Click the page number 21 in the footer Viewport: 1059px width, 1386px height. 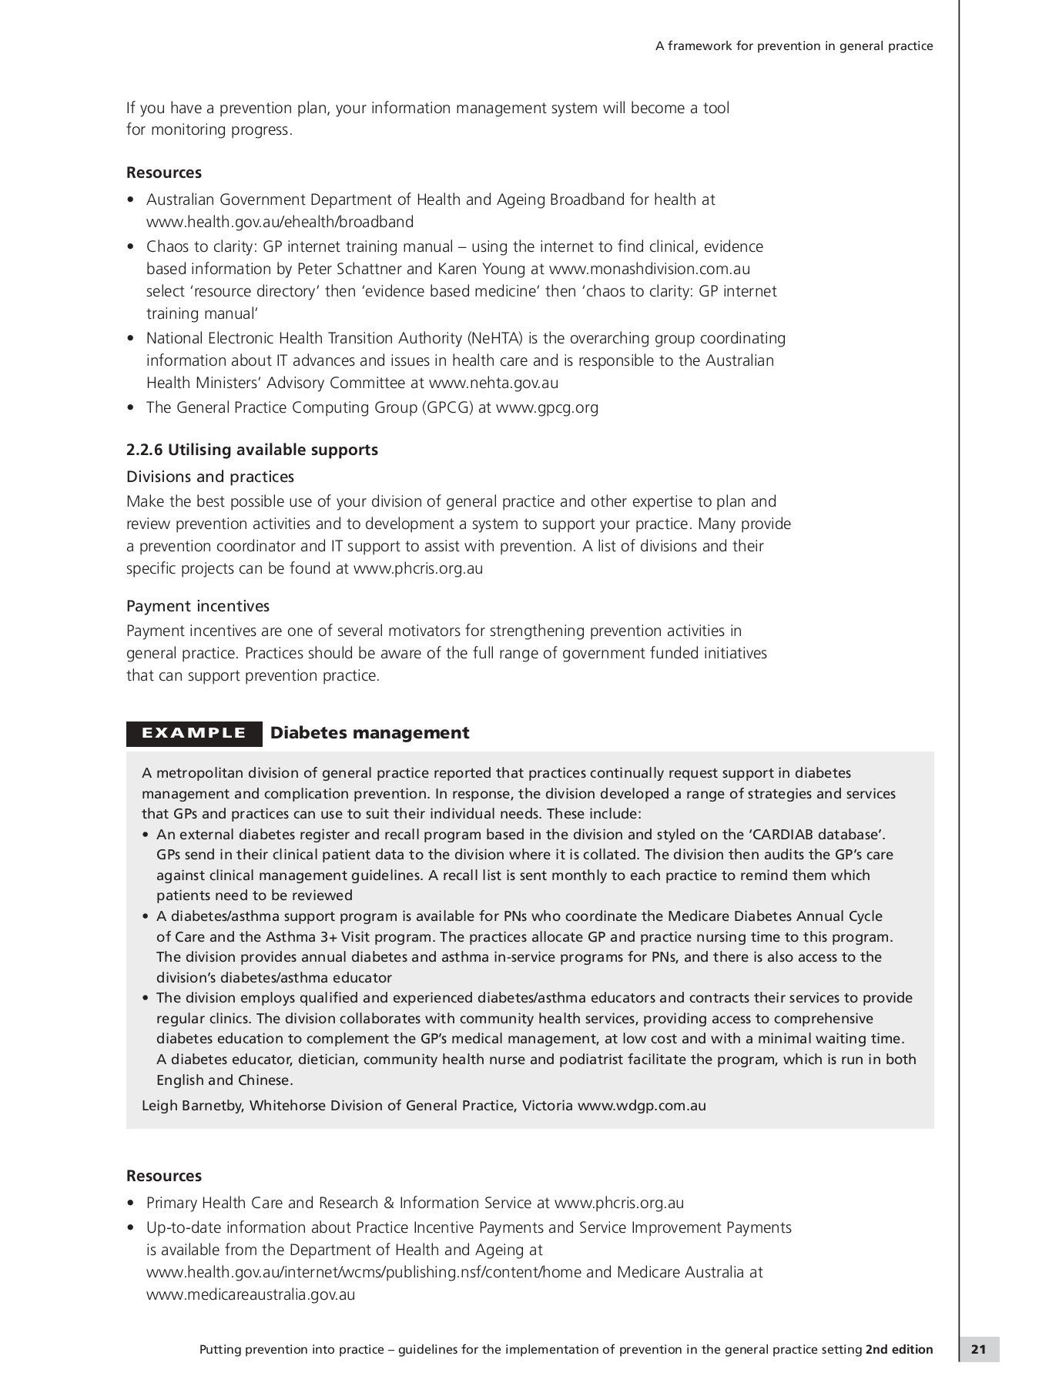(978, 1349)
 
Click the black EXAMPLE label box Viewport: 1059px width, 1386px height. (193, 733)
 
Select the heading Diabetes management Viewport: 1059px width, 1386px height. (370, 733)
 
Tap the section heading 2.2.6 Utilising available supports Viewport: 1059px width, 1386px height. (252, 450)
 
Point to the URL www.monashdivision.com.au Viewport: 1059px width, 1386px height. (649, 269)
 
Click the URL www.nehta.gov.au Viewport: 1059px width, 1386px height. (493, 383)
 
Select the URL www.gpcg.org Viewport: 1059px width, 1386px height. (547, 407)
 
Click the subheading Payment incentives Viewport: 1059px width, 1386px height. (198, 606)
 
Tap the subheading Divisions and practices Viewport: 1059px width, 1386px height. (210, 477)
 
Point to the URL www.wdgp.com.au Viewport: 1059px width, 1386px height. (642, 1106)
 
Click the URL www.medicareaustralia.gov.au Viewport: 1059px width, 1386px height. (250, 1294)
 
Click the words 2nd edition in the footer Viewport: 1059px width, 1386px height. (899, 1349)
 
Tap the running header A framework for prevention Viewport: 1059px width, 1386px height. (793, 46)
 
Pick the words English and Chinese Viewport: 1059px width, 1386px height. (223, 1080)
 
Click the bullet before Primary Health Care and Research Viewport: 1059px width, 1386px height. (131, 1204)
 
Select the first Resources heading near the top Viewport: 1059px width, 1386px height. (164, 172)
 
